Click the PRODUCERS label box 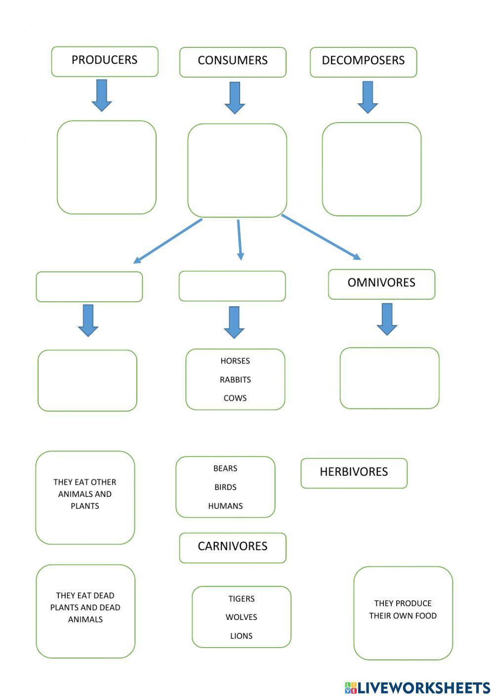click(x=105, y=61)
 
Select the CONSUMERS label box click(x=233, y=62)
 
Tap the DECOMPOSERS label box click(x=363, y=62)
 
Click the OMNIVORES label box click(x=381, y=284)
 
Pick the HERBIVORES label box click(x=354, y=473)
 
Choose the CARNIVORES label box click(x=233, y=547)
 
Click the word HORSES click(x=235, y=361)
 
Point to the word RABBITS click(x=235, y=380)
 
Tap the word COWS click(x=235, y=398)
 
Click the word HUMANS click(x=225, y=506)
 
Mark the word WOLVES click(x=242, y=617)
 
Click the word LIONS click(x=242, y=636)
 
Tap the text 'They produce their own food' click(x=403, y=610)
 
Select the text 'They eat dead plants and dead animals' click(x=85, y=608)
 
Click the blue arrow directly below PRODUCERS click(x=102, y=95)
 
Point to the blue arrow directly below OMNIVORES click(x=387, y=319)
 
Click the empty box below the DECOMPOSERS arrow click(x=371, y=169)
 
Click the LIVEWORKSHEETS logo click(x=417, y=688)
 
